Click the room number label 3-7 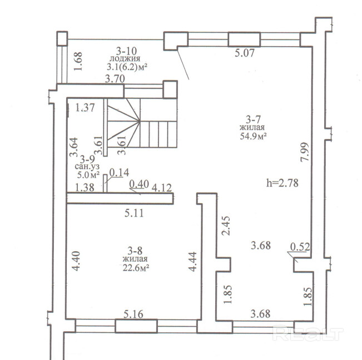click(x=253, y=119)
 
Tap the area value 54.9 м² click(x=253, y=136)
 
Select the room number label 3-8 click(x=135, y=251)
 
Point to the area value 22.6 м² click(x=136, y=268)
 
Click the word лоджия click(x=125, y=58)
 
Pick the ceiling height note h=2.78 click(x=282, y=183)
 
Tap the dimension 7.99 click(x=305, y=152)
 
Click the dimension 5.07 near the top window click(x=245, y=53)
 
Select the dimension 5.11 click(x=134, y=213)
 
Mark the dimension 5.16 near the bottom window click(x=133, y=314)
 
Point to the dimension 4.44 click(x=192, y=262)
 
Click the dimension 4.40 click(x=76, y=261)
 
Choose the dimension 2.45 click(x=226, y=226)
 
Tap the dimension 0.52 click(x=300, y=247)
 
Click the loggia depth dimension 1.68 click(x=78, y=61)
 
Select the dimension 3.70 click(x=115, y=79)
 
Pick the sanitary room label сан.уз click(x=87, y=167)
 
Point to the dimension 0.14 click(x=119, y=173)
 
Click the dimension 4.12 click(x=162, y=188)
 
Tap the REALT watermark click(x=308, y=333)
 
